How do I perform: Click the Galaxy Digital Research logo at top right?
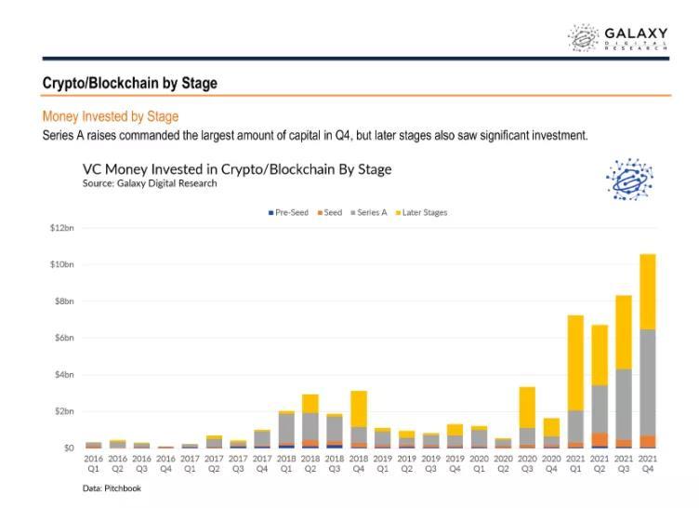(617, 38)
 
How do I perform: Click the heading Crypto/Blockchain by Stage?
(130, 83)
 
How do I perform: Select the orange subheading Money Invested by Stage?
(111, 116)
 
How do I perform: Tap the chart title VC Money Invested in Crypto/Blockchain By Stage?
(237, 168)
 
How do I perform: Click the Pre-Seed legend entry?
(288, 212)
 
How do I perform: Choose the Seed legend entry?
(330, 212)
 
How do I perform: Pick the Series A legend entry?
(370, 212)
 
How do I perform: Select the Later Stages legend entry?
(422, 212)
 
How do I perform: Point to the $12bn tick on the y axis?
(62, 228)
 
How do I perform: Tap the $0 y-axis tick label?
(68, 448)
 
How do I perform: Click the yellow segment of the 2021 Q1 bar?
(575, 363)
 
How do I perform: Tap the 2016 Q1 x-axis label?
(93, 463)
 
